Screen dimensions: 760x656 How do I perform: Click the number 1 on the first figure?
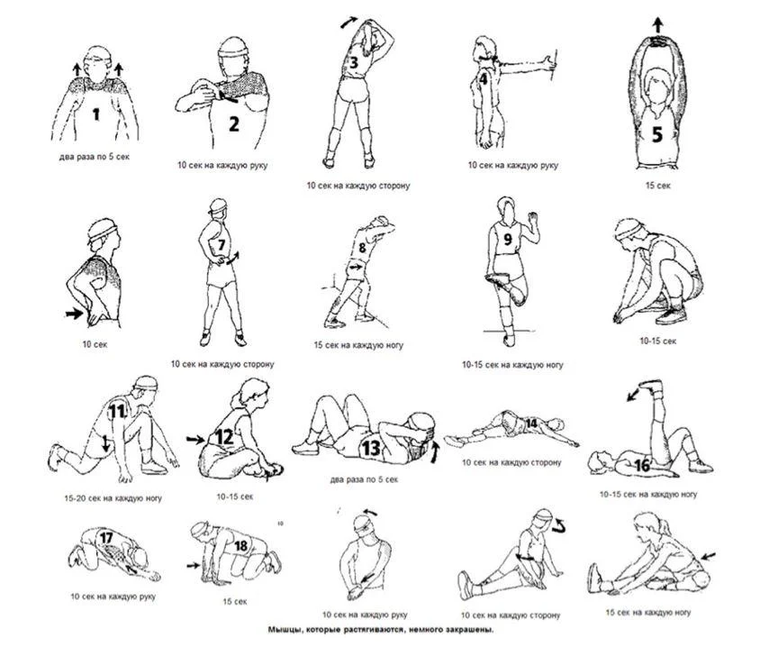click(x=96, y=114)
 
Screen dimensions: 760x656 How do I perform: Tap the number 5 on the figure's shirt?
click(x=656, y=134)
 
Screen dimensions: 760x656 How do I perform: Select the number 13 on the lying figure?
click(x=371, y=447)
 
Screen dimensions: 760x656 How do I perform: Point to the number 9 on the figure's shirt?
click(x=508, y=239)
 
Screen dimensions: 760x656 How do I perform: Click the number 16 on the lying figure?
click(x=642, y=466)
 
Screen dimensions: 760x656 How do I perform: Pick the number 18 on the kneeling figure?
click(x=241, y=546)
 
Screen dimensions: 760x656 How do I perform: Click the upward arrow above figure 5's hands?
click(x=657, y=24)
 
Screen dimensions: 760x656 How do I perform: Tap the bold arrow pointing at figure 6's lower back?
click(x=75, y=314)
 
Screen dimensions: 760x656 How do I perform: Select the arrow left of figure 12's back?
click(x=195, y=440)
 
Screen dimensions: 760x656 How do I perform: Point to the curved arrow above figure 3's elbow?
click(x=349, y=22)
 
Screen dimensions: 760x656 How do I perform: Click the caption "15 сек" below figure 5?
click(x=657, y=186)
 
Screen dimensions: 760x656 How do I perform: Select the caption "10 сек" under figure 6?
click(x=95, y=344)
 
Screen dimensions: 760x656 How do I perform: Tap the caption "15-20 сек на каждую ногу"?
click(x=113, y=498)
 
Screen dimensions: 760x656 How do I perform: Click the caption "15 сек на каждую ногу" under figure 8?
click(x=358, y=345)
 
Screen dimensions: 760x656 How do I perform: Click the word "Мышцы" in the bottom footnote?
click(x=284, y=630)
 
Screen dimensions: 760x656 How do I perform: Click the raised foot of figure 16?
click(x=651, y=387)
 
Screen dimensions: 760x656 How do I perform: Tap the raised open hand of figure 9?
click(x=533, y=218)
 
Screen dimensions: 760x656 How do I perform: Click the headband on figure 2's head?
click(x=232, y=51)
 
